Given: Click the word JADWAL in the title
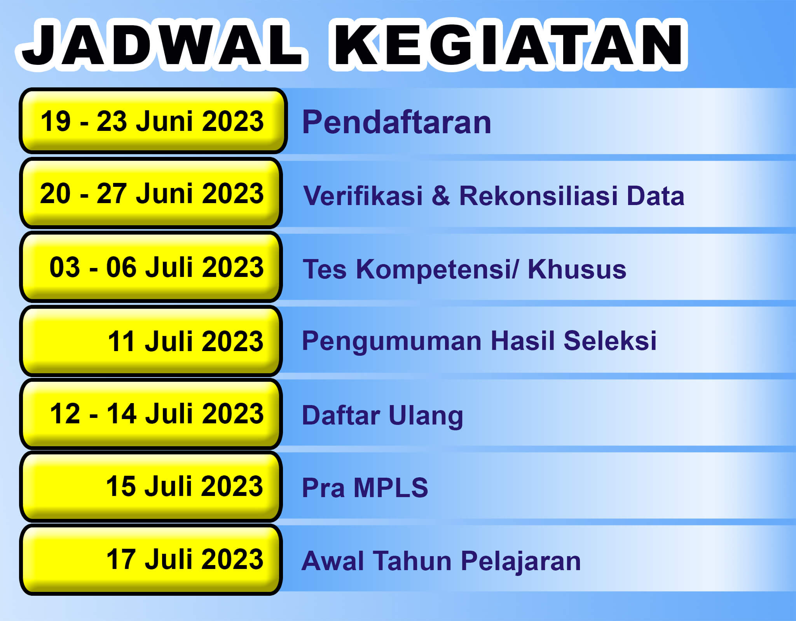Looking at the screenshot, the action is coord(162,44).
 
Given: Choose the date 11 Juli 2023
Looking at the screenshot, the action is coord(185,341).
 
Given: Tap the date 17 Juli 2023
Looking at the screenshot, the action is coord(185,559).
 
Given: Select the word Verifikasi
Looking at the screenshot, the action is coord(363,195).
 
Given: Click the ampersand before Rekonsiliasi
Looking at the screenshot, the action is coord(441,195).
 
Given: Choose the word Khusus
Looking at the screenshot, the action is coord(577,269).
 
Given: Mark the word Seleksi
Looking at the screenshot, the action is coord(610,341).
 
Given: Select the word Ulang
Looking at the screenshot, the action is coord(426,416).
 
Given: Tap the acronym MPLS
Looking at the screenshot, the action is coord(391,487).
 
